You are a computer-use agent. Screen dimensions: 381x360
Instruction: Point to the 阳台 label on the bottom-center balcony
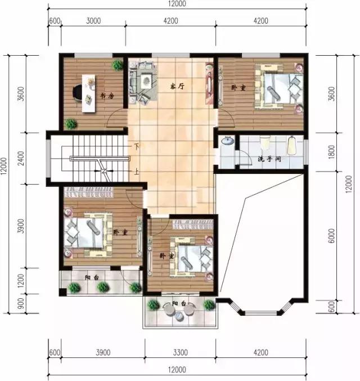pyautogui.click(x=178, y=304)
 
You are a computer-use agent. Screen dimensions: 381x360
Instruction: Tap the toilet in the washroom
pyautogui.click(x=291, y=146)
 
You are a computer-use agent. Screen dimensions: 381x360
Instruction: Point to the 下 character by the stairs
pyautogui.click(x=136, y=147)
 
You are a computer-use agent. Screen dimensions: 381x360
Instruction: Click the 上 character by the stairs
pyautogui.click(x=136, y=172)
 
